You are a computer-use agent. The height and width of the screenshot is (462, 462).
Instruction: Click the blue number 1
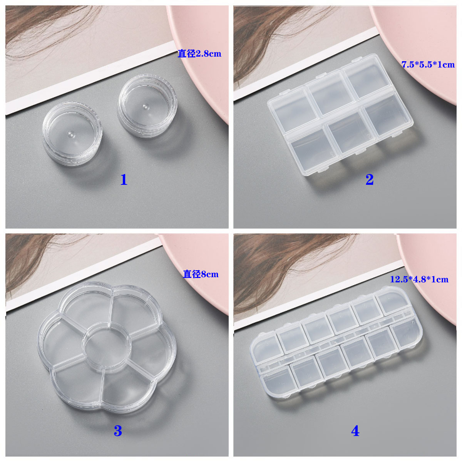124,179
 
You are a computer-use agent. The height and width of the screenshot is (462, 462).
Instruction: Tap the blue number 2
370,179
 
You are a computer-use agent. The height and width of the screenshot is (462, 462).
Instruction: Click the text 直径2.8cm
199,54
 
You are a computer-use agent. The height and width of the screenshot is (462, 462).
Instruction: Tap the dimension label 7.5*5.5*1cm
428,65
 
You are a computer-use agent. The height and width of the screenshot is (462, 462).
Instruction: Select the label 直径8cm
201,274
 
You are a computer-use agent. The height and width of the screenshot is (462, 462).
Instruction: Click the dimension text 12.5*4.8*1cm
419,279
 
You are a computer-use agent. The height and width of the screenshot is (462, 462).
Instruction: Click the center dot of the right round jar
145,106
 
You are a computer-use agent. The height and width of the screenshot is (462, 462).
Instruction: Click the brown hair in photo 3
36,261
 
